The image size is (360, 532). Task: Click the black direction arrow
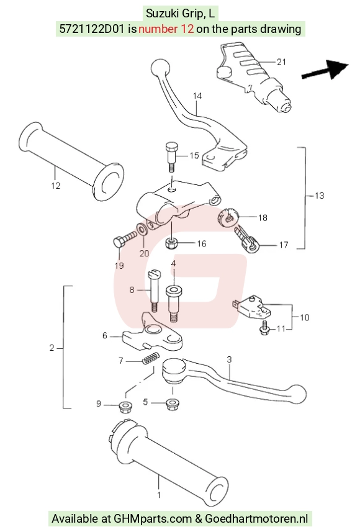[325, 70]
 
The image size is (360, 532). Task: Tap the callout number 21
[281, 61]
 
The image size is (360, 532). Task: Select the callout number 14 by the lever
[197, 96]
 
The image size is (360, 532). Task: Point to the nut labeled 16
[172, 243]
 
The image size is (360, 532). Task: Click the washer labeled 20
[142, 229]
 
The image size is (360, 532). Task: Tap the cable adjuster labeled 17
[247, 240]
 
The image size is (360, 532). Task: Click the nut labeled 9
[125, 407]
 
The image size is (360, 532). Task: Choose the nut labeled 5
[172, 404]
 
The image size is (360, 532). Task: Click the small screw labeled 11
[264, 328]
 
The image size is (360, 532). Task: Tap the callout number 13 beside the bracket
[320, 196]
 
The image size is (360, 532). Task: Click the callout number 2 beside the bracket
[52, 348]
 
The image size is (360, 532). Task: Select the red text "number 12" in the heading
[166, 29]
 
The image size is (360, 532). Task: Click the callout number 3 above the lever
[230, 359]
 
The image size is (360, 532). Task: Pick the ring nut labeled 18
[228, 217]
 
